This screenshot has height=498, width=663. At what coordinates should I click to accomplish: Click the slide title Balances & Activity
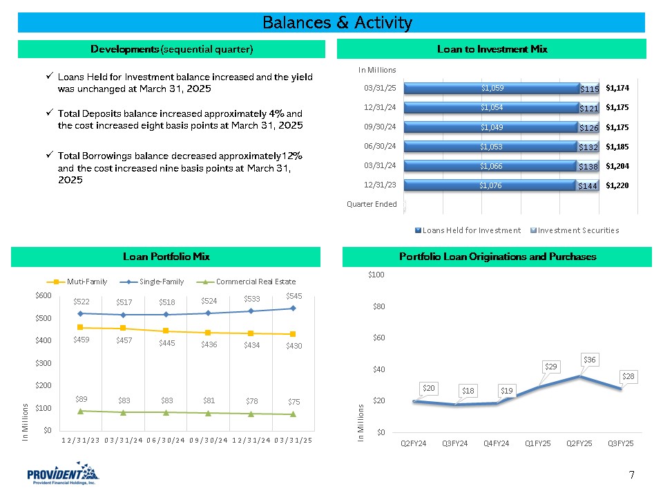(338, 23)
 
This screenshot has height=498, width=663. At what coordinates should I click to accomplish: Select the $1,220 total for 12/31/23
(617, 185)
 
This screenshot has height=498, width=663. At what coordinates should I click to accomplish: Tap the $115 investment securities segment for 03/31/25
(588, 89)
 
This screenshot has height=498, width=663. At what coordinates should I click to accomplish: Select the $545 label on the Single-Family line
(295, 295)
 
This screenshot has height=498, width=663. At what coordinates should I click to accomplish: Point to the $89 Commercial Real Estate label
(81, 399)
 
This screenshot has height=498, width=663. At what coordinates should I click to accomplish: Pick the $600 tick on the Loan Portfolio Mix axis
(42, 295)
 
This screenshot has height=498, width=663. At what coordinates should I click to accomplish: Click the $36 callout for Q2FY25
(589, 360)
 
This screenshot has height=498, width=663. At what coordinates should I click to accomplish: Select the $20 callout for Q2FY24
(428, 389)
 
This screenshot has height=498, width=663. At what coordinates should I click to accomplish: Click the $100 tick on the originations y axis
(376, 275)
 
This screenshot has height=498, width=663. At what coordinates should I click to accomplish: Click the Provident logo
(63, 475)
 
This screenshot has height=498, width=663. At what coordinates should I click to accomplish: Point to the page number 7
(631, 474)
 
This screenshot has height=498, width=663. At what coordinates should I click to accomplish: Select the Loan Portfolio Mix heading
(166, 257)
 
